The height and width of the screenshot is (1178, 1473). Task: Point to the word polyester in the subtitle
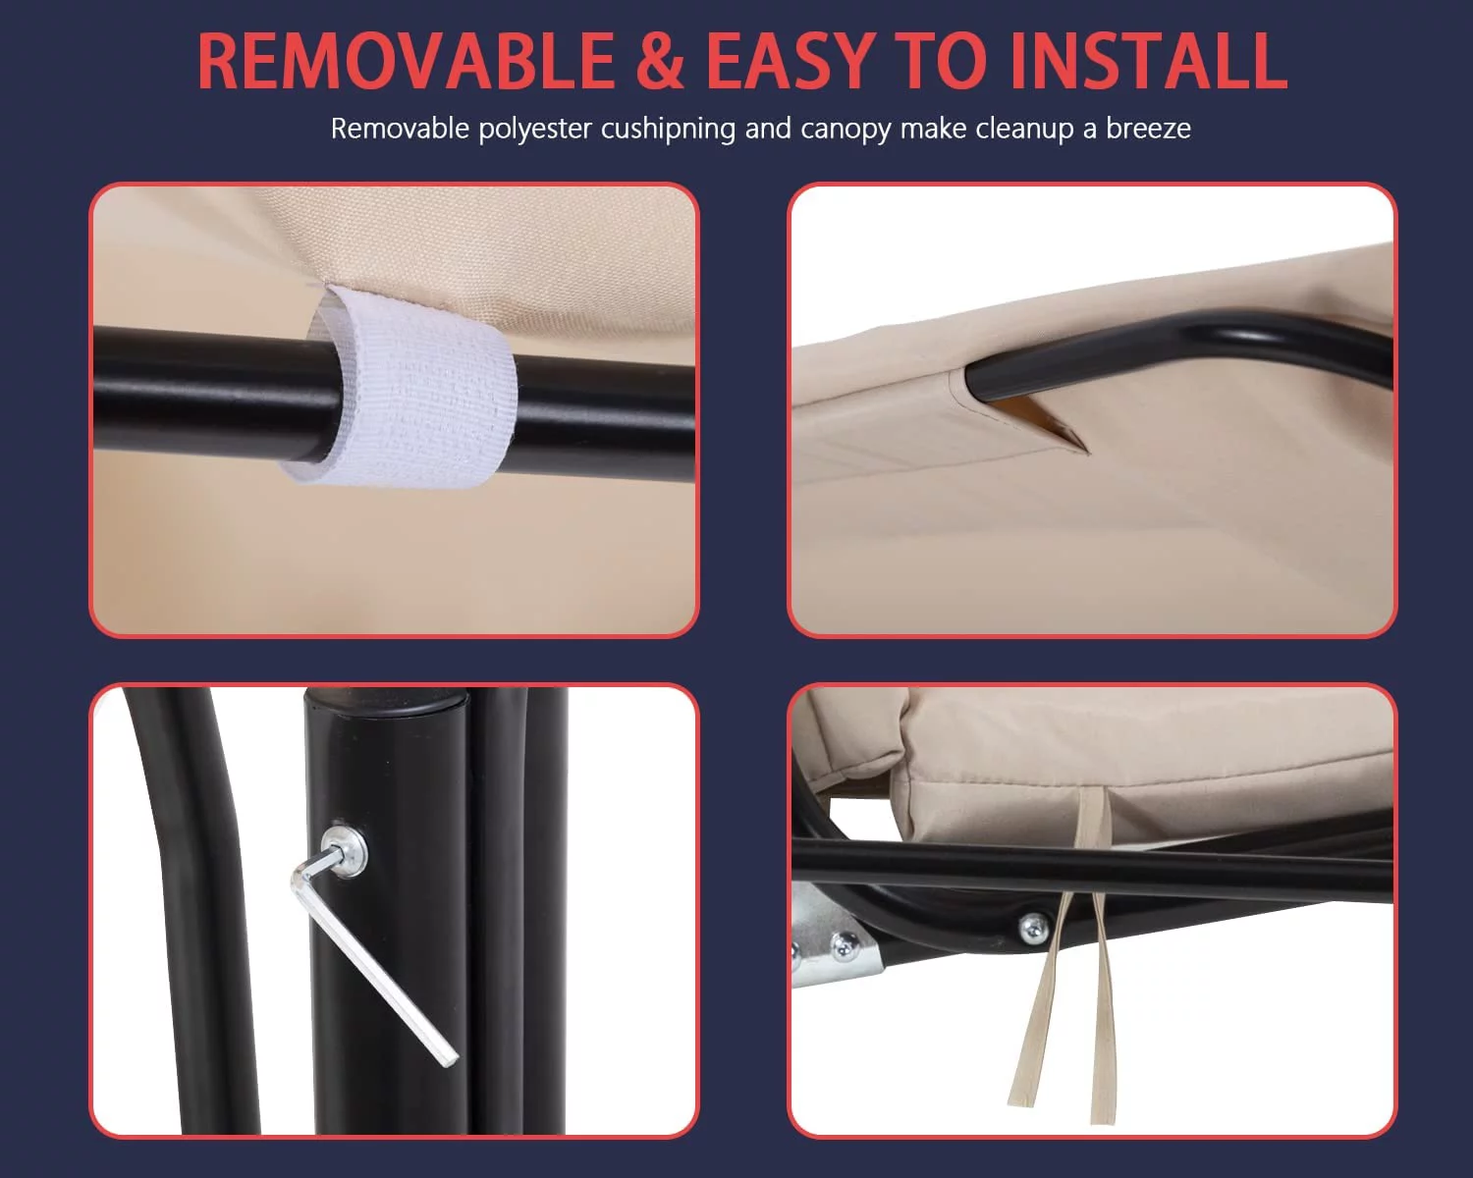[x=534, y=130]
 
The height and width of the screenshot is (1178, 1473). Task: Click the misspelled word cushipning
[x=668, y=130]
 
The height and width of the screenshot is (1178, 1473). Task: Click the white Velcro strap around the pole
[x=404, y=387]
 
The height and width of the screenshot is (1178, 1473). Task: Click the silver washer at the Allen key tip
[x=345, y=851]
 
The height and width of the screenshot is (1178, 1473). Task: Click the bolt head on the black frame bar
[x=1034, y=929]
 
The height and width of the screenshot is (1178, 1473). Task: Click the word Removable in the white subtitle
[x=400, y=128]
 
